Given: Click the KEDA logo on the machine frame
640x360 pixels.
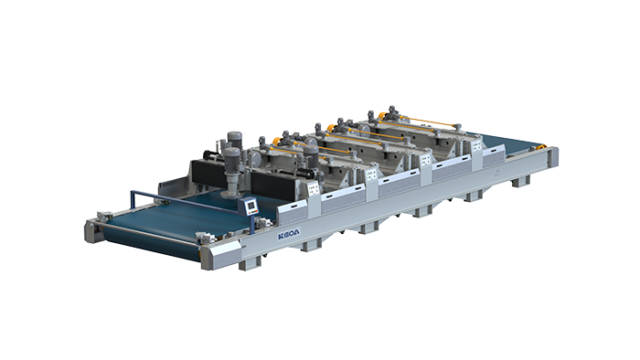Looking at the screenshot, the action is pyautogui.click(x=289, y=235).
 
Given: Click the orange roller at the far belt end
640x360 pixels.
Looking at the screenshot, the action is pyautogui.click(x=541, y=148).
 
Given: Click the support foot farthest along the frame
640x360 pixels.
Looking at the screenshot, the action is pyautogui.click(x=521, y=181).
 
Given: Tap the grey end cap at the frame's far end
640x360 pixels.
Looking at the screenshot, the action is pyautogui.click(x=553, y=157).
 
